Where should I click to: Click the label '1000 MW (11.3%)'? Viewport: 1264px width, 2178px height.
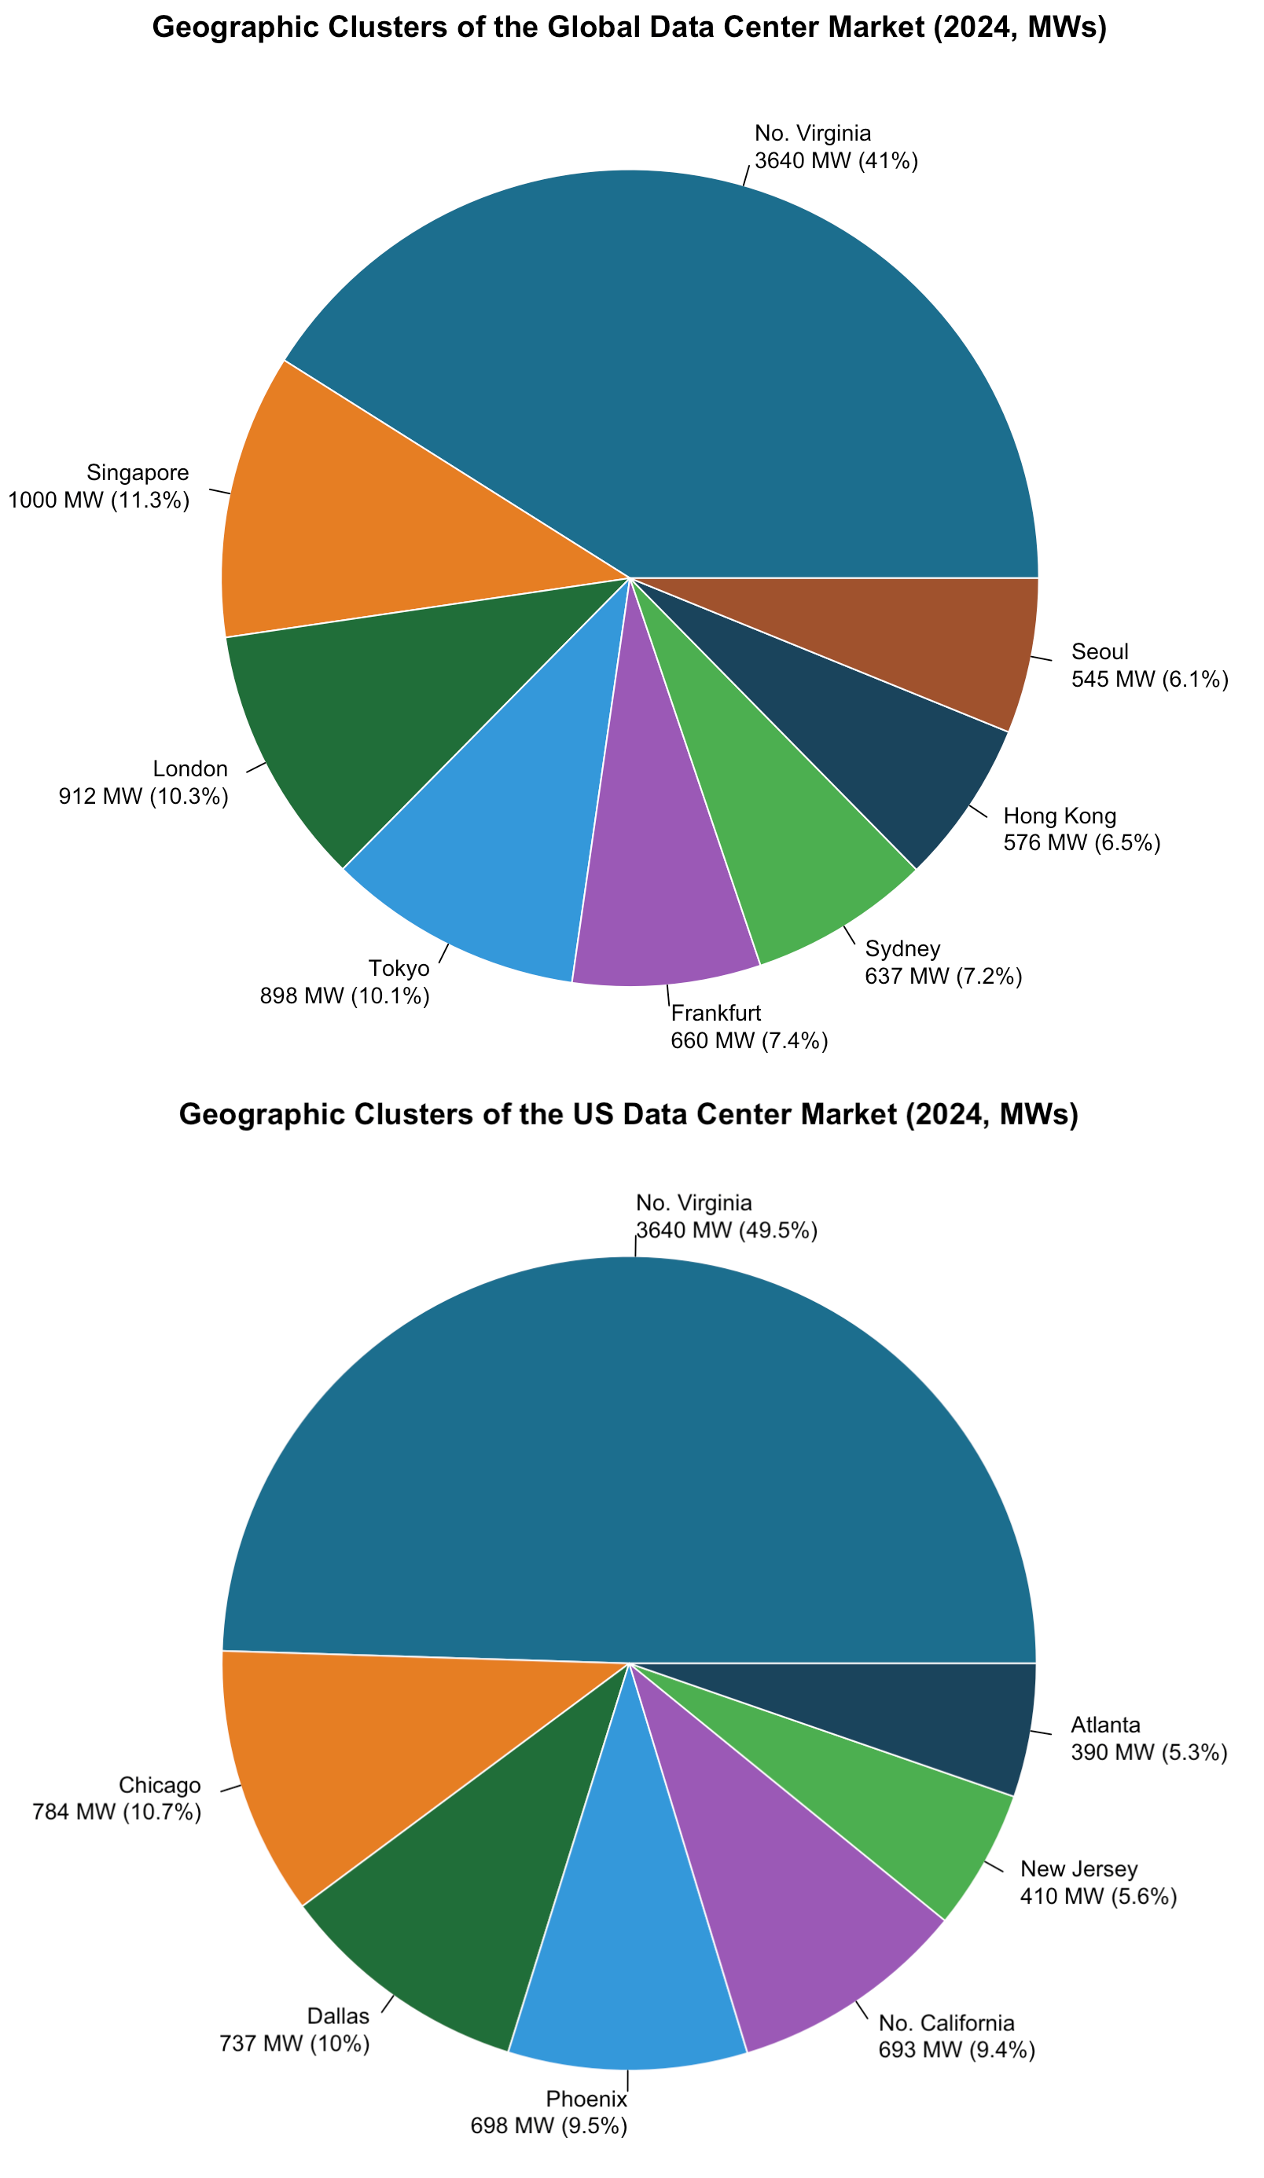tap(98, 500)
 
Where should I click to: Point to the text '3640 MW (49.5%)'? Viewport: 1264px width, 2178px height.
tap(726, 1230)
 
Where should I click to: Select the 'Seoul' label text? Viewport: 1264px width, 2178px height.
tap(1100, 651)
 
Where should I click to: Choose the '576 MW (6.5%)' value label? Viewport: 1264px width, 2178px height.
tap(1082, 842)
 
